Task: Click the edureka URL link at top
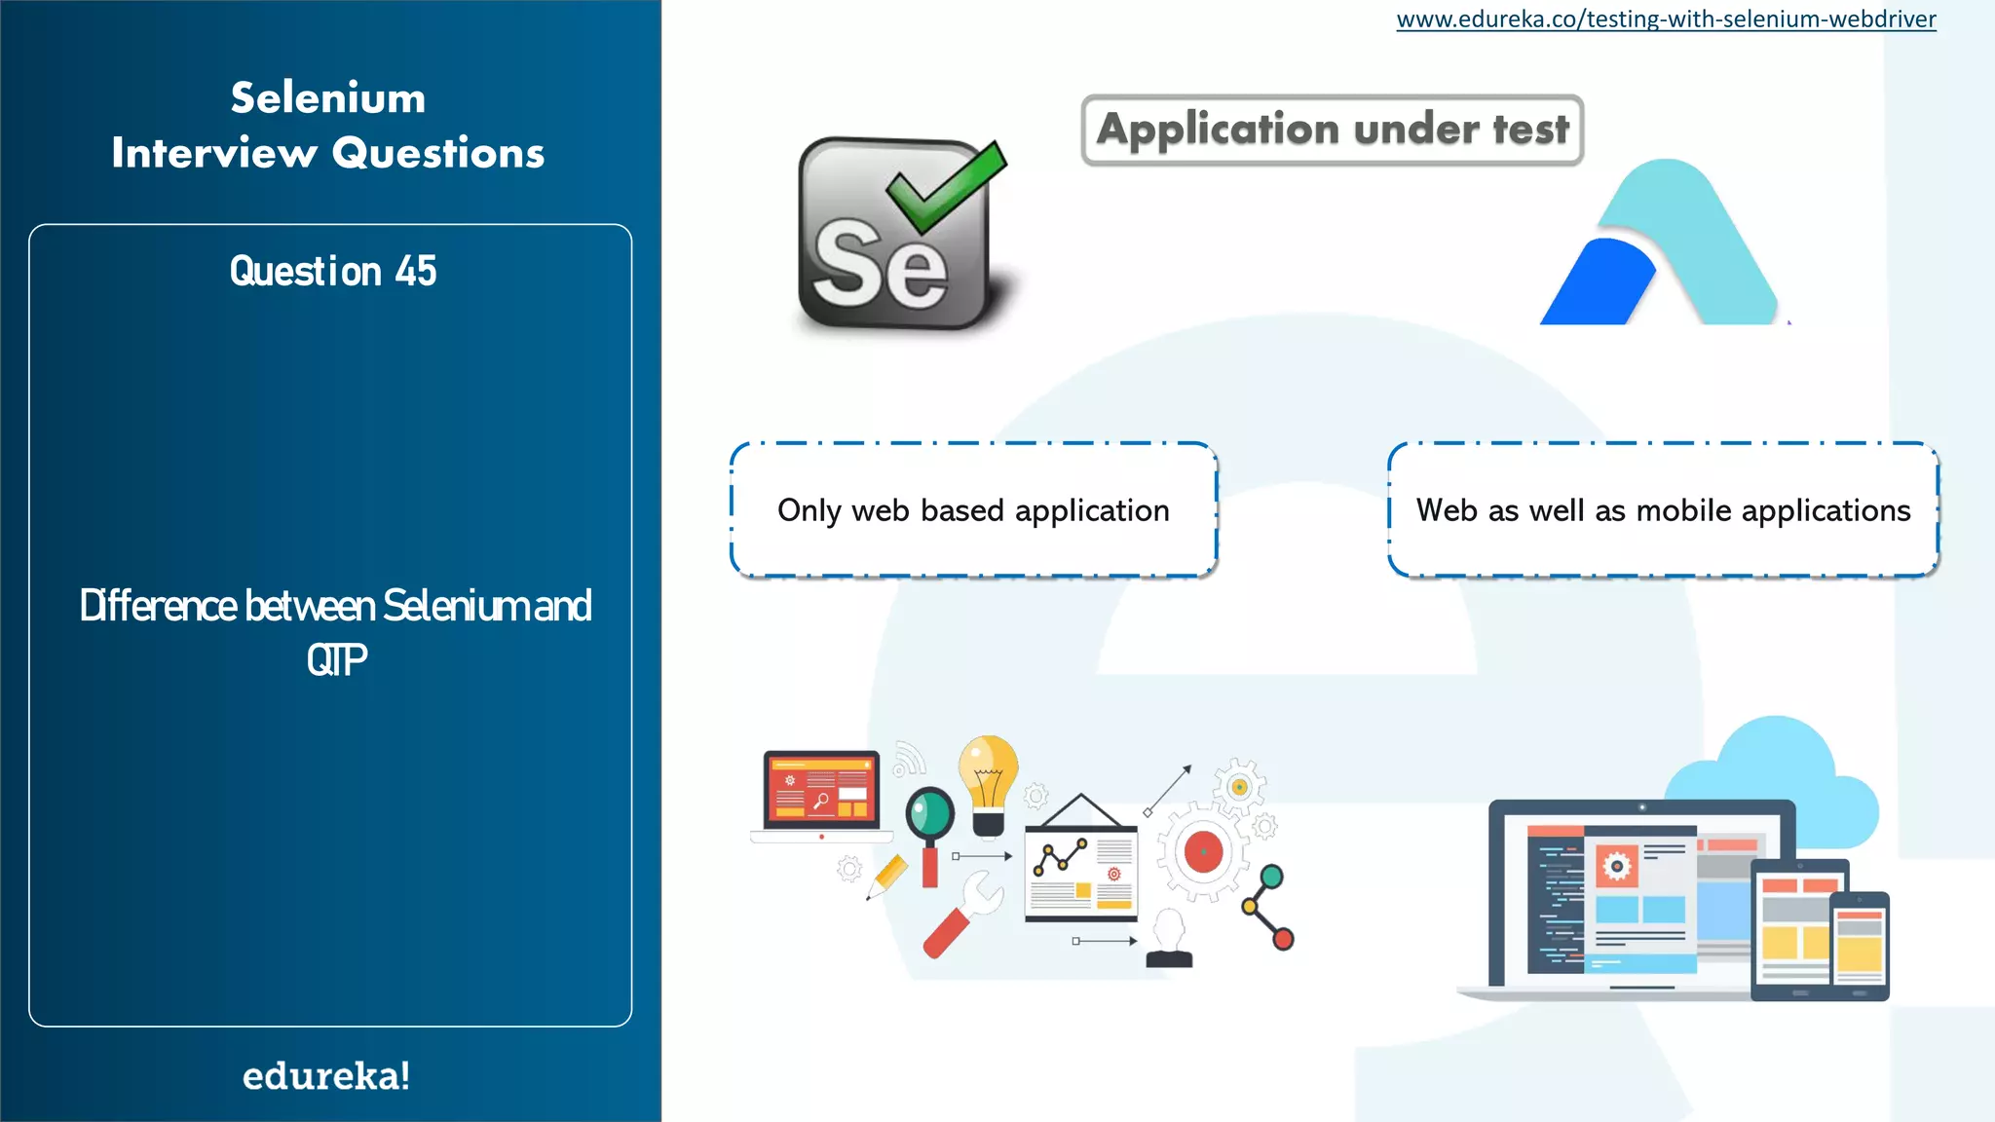[1666, 19]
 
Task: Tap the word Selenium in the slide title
[328, 98]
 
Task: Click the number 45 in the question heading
[416, 271]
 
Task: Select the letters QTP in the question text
[336, 660]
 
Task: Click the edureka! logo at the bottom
[326, 1075]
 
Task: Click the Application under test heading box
[1332, 130]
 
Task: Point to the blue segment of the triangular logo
[1598, 284]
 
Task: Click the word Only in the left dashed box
[809, 510]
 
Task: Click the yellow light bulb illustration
[988, 774]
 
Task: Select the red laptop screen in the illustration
[820, 790]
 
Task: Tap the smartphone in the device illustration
[1859, 945]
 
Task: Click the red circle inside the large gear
[1203, 852]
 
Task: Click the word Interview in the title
[213, 153]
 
